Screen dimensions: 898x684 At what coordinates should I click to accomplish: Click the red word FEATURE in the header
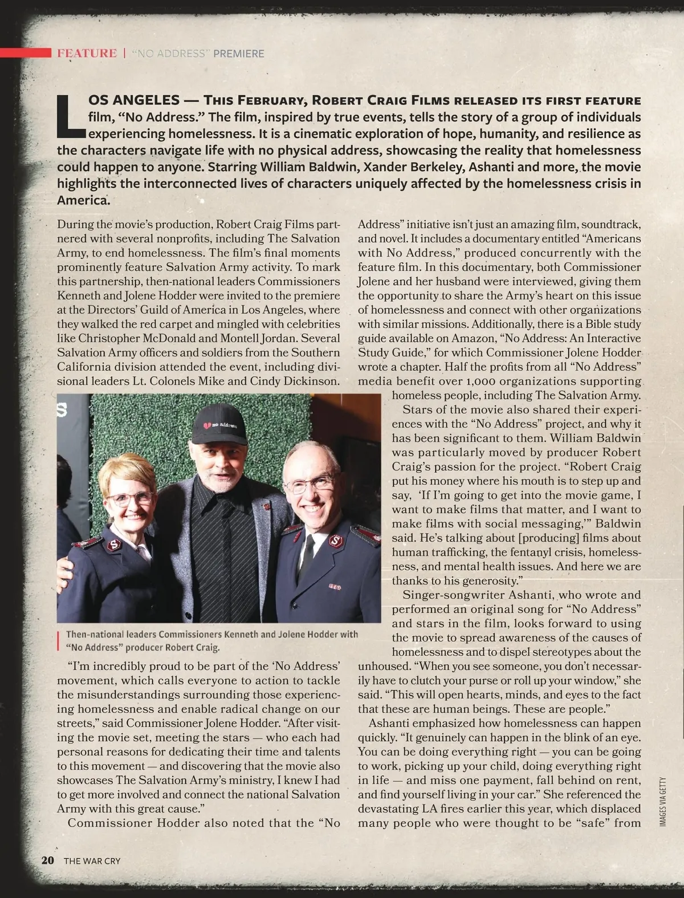[87, 54]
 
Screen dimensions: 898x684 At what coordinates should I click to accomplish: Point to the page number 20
[47, 860]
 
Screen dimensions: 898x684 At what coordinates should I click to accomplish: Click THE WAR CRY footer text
[92, 861]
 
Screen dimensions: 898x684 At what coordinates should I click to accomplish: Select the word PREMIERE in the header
[239, 54]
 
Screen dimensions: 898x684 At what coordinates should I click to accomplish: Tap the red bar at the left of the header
[26, 53]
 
